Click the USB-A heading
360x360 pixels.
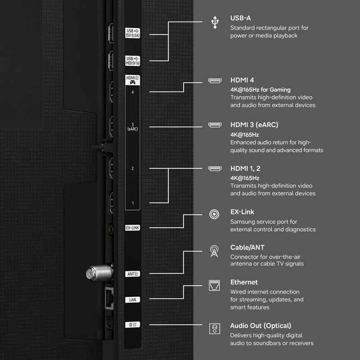[240, 18]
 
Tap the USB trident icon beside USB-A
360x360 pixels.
[215, 22]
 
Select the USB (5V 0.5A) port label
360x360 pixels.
[132, 33]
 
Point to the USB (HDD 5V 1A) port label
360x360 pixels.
[132, 61]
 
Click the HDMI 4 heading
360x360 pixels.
[242, 80]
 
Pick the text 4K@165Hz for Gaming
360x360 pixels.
[261, 90]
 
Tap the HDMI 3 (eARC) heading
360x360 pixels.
[254, 125]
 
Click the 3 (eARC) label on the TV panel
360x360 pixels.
[132, 127]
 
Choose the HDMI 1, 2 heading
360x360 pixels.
[245, 168]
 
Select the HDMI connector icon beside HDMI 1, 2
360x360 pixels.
[215, 169]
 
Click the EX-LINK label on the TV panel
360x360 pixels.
[132, 228]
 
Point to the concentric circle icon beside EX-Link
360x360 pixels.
[214, 214]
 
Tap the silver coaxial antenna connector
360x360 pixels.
[99, 273]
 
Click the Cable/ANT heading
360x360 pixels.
[247, 247]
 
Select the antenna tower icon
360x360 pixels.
[214, 251]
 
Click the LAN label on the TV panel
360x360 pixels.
[132, 300]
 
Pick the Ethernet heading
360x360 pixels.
[244, 282]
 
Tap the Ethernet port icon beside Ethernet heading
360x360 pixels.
[214, 285]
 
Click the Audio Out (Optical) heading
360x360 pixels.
[261, 326]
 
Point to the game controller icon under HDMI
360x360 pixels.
[132, 82]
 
